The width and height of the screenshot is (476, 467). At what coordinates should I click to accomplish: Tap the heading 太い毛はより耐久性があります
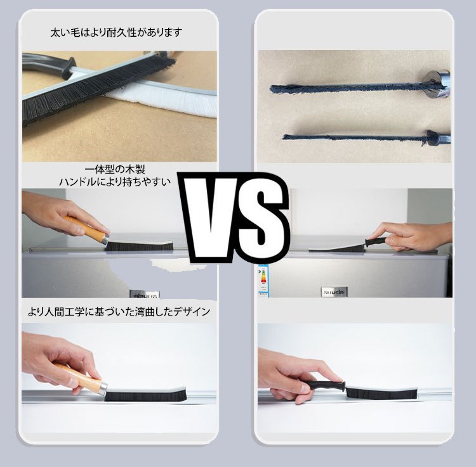[116, 32]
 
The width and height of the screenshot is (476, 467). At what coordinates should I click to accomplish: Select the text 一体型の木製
[115, 169]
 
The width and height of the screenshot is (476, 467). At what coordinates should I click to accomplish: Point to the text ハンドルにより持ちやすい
[115, 182]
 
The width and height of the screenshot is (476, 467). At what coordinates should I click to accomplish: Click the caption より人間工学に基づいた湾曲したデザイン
[119, 312]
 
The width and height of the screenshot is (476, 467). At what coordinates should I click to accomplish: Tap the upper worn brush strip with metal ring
[360, 86]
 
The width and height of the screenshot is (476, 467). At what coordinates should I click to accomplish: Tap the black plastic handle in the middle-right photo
[376, 242]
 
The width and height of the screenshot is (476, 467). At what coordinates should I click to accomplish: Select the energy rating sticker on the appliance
[263, 281]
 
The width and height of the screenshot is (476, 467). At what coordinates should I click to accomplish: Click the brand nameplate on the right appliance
[334, 291]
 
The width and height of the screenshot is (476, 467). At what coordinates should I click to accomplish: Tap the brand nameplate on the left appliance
[145, 294]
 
